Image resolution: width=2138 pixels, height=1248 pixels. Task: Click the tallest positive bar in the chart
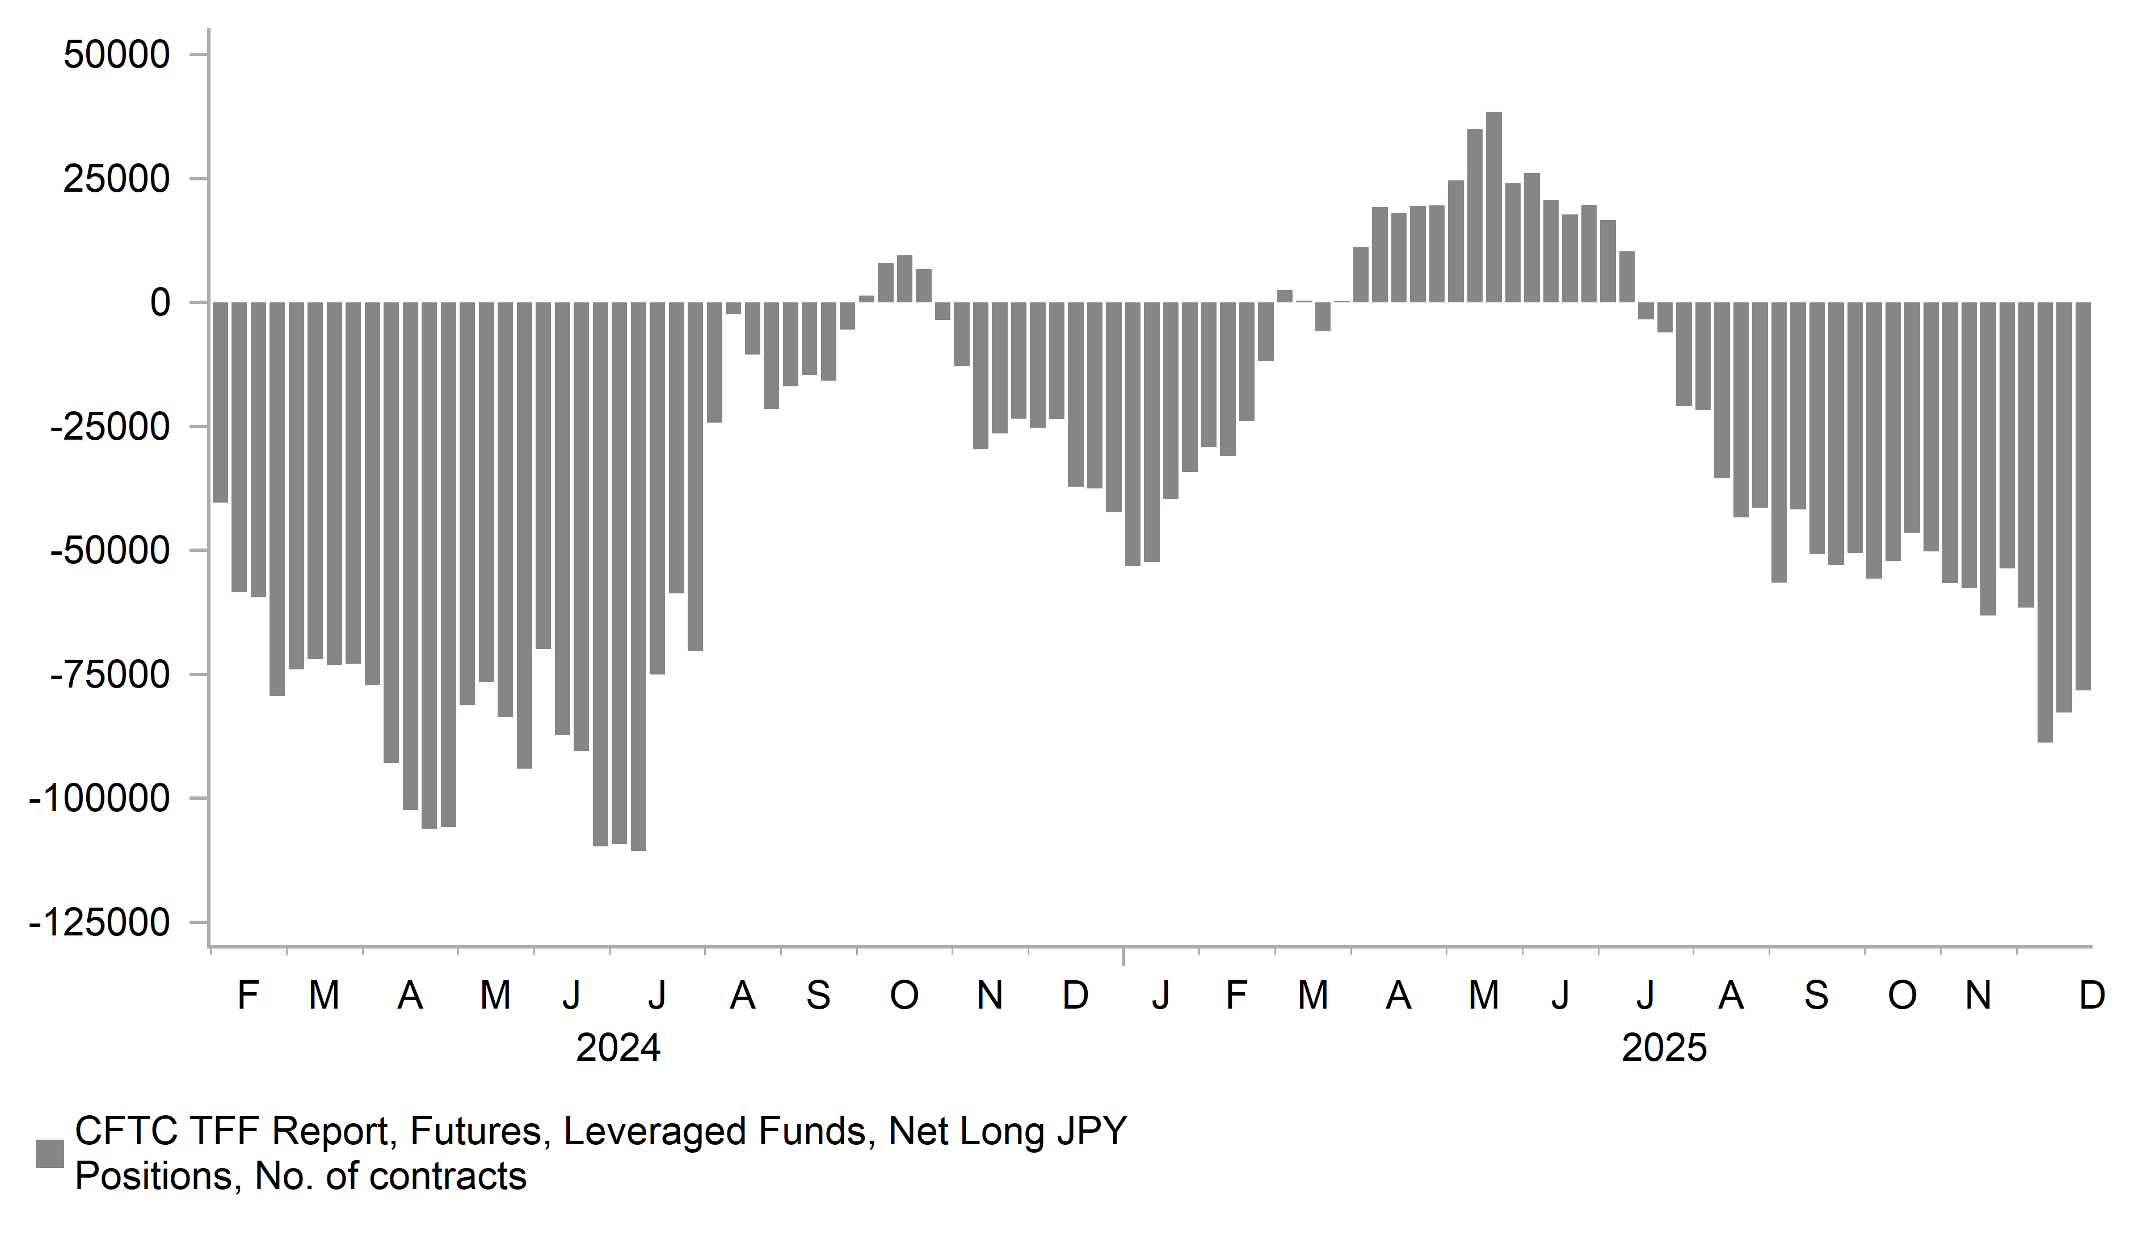pos(1493,208)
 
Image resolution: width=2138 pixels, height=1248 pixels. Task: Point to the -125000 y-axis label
pos(100,923)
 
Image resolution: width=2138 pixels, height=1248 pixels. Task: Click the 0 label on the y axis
pos(159,303)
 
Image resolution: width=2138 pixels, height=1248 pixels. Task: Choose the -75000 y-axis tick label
pos(110,675)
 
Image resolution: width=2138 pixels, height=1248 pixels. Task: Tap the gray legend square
pos(49,1154)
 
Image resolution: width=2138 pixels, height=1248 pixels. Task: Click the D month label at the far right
pos(2091,995)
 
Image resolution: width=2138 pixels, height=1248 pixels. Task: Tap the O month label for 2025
pos(1901,995)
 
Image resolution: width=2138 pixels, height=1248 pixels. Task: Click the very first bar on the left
pos(220,402)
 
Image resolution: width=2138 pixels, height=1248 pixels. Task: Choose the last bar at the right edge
pos(2083,496)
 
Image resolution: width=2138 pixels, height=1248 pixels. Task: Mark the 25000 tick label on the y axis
pos(117,179)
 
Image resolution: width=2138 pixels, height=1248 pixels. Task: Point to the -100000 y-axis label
pos(100,799)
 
